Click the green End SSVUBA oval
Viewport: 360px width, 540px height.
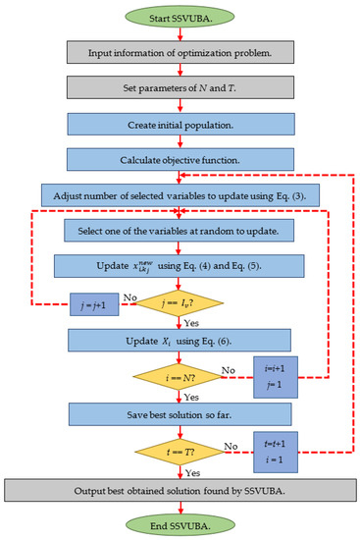click(x=179, y=524)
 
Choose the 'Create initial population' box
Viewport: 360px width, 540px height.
click(x=179, y=124)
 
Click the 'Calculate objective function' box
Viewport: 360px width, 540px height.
click(x=179, y=158)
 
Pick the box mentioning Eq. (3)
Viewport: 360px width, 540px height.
click(x=179, y=194)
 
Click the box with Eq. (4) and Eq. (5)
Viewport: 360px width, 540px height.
click(x=179, y=266)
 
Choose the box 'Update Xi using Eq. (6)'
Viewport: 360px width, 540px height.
click(x=179, y=339)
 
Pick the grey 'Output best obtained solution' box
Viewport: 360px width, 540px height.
click(x=179, y=488)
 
